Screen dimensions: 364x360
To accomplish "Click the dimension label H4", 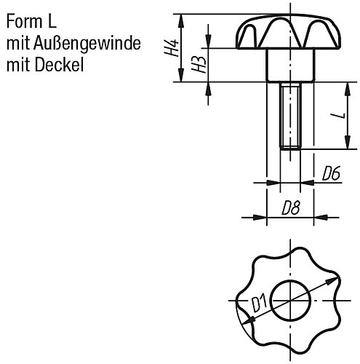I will click(x=172, y=49).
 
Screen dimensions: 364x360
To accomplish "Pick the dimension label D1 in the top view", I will click(x=258, y=301).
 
